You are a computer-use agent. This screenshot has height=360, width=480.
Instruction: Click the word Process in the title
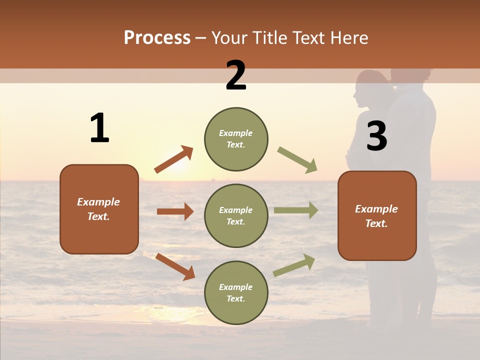(x=157, y=38)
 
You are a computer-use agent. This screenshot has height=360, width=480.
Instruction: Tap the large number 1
(x=99, y=128)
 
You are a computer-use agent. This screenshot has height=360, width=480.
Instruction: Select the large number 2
(x=236, y=76)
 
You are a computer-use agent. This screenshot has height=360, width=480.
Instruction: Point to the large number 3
(x=376, y=136)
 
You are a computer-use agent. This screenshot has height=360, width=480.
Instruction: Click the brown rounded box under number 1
(x=99, y=209)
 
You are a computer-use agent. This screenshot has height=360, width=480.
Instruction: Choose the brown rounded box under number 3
(x=377, y=215)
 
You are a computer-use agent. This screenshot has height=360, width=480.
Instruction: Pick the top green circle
(x=236, y=139)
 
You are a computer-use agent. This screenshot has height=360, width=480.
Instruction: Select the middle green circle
(x=236, y=215)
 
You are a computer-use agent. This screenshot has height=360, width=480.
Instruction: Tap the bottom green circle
(x=236, y=292)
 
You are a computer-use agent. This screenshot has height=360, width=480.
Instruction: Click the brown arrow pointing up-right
(x=174, y=159)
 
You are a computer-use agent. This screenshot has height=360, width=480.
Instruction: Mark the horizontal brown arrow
(x=175, y=211)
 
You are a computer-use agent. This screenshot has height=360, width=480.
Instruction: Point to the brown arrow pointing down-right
(x=175, y=266)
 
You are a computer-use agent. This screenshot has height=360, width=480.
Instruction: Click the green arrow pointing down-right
(x=297, y=160)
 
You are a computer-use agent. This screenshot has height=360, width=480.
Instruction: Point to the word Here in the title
(x=349, y=38)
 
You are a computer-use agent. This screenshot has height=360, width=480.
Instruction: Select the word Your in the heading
(x=230, y=38)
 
